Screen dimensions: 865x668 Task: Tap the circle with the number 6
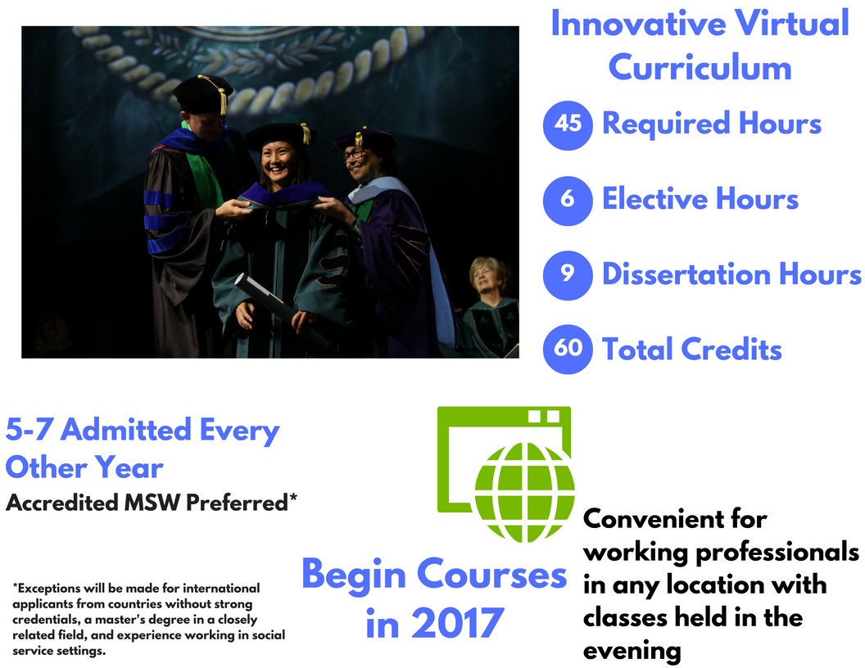568,201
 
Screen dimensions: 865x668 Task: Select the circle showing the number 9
568,275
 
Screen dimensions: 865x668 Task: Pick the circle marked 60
568,350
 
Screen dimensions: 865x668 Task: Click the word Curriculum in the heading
700,68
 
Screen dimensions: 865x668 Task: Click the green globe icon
524,492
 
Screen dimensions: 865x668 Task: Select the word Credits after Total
731,350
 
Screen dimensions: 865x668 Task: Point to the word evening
632,651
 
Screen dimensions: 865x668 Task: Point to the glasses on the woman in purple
354,155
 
